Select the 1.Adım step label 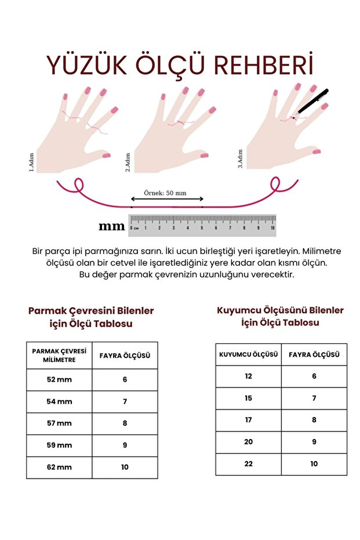31,162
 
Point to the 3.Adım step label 240,159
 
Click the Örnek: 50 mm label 165,193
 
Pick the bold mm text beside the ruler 111,226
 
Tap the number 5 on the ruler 202,228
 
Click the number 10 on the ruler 272,228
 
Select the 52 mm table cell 59,379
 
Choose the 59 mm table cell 59,445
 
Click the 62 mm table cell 59,467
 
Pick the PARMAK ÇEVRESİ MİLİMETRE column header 59,356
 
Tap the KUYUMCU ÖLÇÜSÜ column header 249,354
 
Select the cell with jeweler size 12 249,376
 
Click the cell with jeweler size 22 249,464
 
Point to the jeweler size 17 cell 249,420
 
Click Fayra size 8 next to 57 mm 125,423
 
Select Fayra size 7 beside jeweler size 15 314,398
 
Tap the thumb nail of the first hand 107,155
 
